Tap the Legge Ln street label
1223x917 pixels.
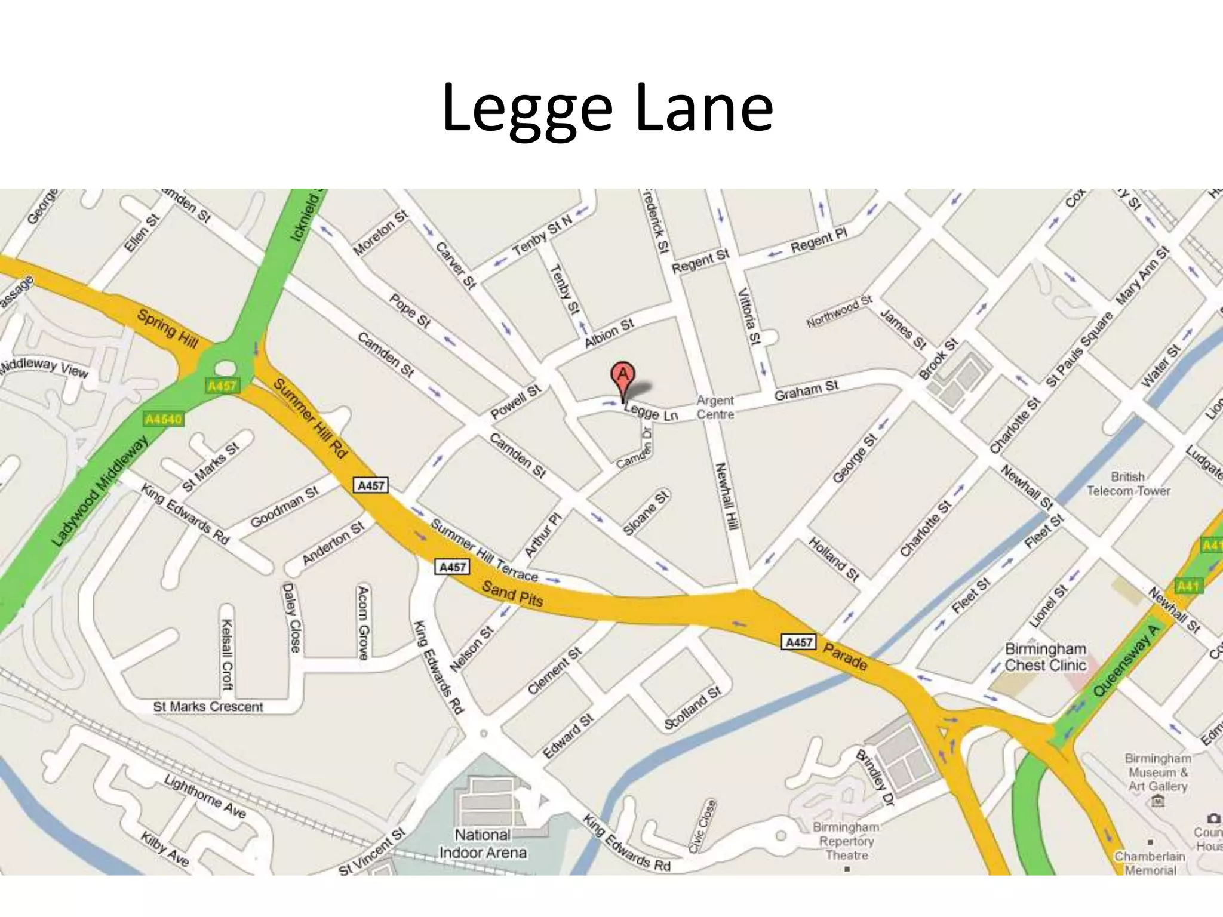click(x=651, y=412)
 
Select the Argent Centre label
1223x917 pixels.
click(x=715, y=407)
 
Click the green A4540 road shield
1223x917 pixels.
click(x=163, y=419)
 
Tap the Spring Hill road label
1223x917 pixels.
click(x=167, y=328)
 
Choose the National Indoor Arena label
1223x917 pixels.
click(x=483, y=843)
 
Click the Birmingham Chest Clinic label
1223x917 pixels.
click(x=1045, y=657)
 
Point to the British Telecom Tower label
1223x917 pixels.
click(x=1128, y=484)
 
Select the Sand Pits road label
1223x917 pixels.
click(x=512, y=594)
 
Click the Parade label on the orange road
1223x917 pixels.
click(x=845, y=656)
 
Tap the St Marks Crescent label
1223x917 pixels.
click(x=208, y=707)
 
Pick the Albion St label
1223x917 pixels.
click(x=609, y=333)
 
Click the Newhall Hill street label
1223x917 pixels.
click(x=728, y=496)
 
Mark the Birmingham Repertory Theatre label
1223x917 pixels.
click(x=846, y=841)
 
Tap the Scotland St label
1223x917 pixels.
click(x=693, y=708)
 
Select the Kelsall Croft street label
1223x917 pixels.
click(x=227, y=654)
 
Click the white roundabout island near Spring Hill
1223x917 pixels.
click(x=225, y=368)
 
